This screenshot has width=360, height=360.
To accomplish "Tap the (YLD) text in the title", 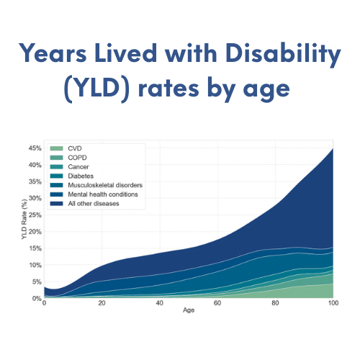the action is pyautogui.click(x=97, y=89).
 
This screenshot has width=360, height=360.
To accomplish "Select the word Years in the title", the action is pyautogui.click(x=53, y=53).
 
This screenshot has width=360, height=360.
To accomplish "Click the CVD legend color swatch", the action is pyautogui.click(x=57, y=148).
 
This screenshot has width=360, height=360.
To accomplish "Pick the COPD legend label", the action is pyautogui.click(x=77, y=158).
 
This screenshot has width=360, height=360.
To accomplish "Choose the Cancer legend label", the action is pyautogui.click(x=78, y=167).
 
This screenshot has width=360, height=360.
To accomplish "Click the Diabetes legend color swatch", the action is pyautogui.click(x=57, y=176).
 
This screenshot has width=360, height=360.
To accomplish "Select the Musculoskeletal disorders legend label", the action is pyautogui.click(x=105, y=185).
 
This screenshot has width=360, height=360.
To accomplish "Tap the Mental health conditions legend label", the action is pyautogui.click(x=103, y=194).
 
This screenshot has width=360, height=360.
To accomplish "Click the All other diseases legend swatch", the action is pyautogui.click(x=57, y=204).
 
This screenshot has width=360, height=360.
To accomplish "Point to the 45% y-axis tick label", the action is pyautogui.click(x=35, y=148).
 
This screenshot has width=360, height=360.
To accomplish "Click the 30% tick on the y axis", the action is pyautogui.click(x=35, y=198).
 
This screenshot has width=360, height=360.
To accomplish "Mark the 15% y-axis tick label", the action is pyautogui.click(x=35, y=248).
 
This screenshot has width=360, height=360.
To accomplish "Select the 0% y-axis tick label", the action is pyautogui.click(x=37, y=298).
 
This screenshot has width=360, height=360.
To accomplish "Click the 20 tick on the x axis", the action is pyautogui.click(x=102, y=303).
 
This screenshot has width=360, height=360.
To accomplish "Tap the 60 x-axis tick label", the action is pyautogui.click(x=217, y=303).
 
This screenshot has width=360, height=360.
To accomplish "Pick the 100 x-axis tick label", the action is pyautogui.click(x=333, y=303).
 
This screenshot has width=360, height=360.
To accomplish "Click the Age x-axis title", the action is pyautogui.click(x=189, y=310).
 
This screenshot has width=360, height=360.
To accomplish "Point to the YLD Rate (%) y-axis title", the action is pyautogui.click(x=24, y=219).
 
